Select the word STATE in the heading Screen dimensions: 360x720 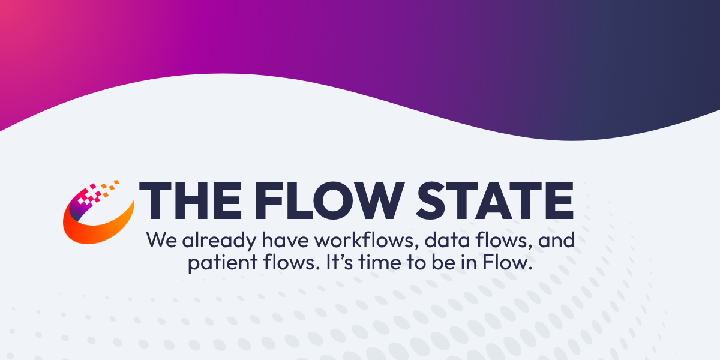point(491,200)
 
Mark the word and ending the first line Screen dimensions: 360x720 point(556,241)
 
